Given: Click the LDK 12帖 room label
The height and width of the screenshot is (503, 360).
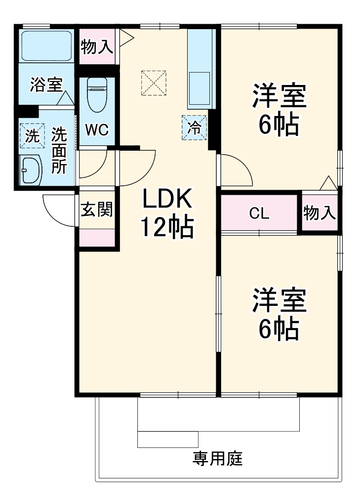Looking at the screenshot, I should click(167, 213).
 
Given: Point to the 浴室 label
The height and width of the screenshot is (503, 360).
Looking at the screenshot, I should click(45, 84).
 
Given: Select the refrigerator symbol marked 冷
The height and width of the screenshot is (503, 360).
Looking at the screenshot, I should click(194, 127).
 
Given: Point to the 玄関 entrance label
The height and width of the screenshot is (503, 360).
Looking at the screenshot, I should click(97, 210).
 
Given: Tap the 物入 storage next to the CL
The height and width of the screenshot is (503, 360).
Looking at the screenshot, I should click(320, 213).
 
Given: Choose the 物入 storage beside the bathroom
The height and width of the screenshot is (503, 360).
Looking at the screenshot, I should click(97, 47).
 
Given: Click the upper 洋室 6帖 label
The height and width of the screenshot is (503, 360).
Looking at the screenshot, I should click(279, 110).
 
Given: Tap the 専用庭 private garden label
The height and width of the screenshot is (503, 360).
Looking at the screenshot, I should click(217, 459).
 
